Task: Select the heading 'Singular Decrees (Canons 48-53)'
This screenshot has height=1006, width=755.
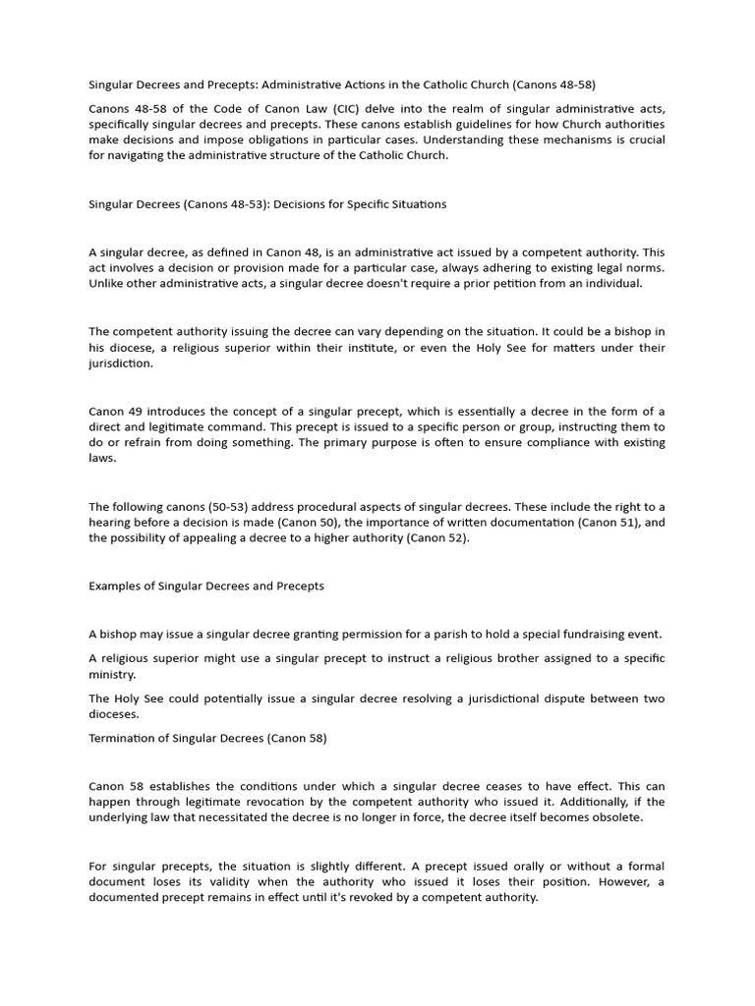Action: [267, 204]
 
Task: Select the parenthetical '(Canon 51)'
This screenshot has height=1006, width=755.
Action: [601, 523]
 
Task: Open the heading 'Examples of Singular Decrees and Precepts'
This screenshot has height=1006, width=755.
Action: [206, 587]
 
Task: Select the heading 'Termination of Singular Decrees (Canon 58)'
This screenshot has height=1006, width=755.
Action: [207, 739]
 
